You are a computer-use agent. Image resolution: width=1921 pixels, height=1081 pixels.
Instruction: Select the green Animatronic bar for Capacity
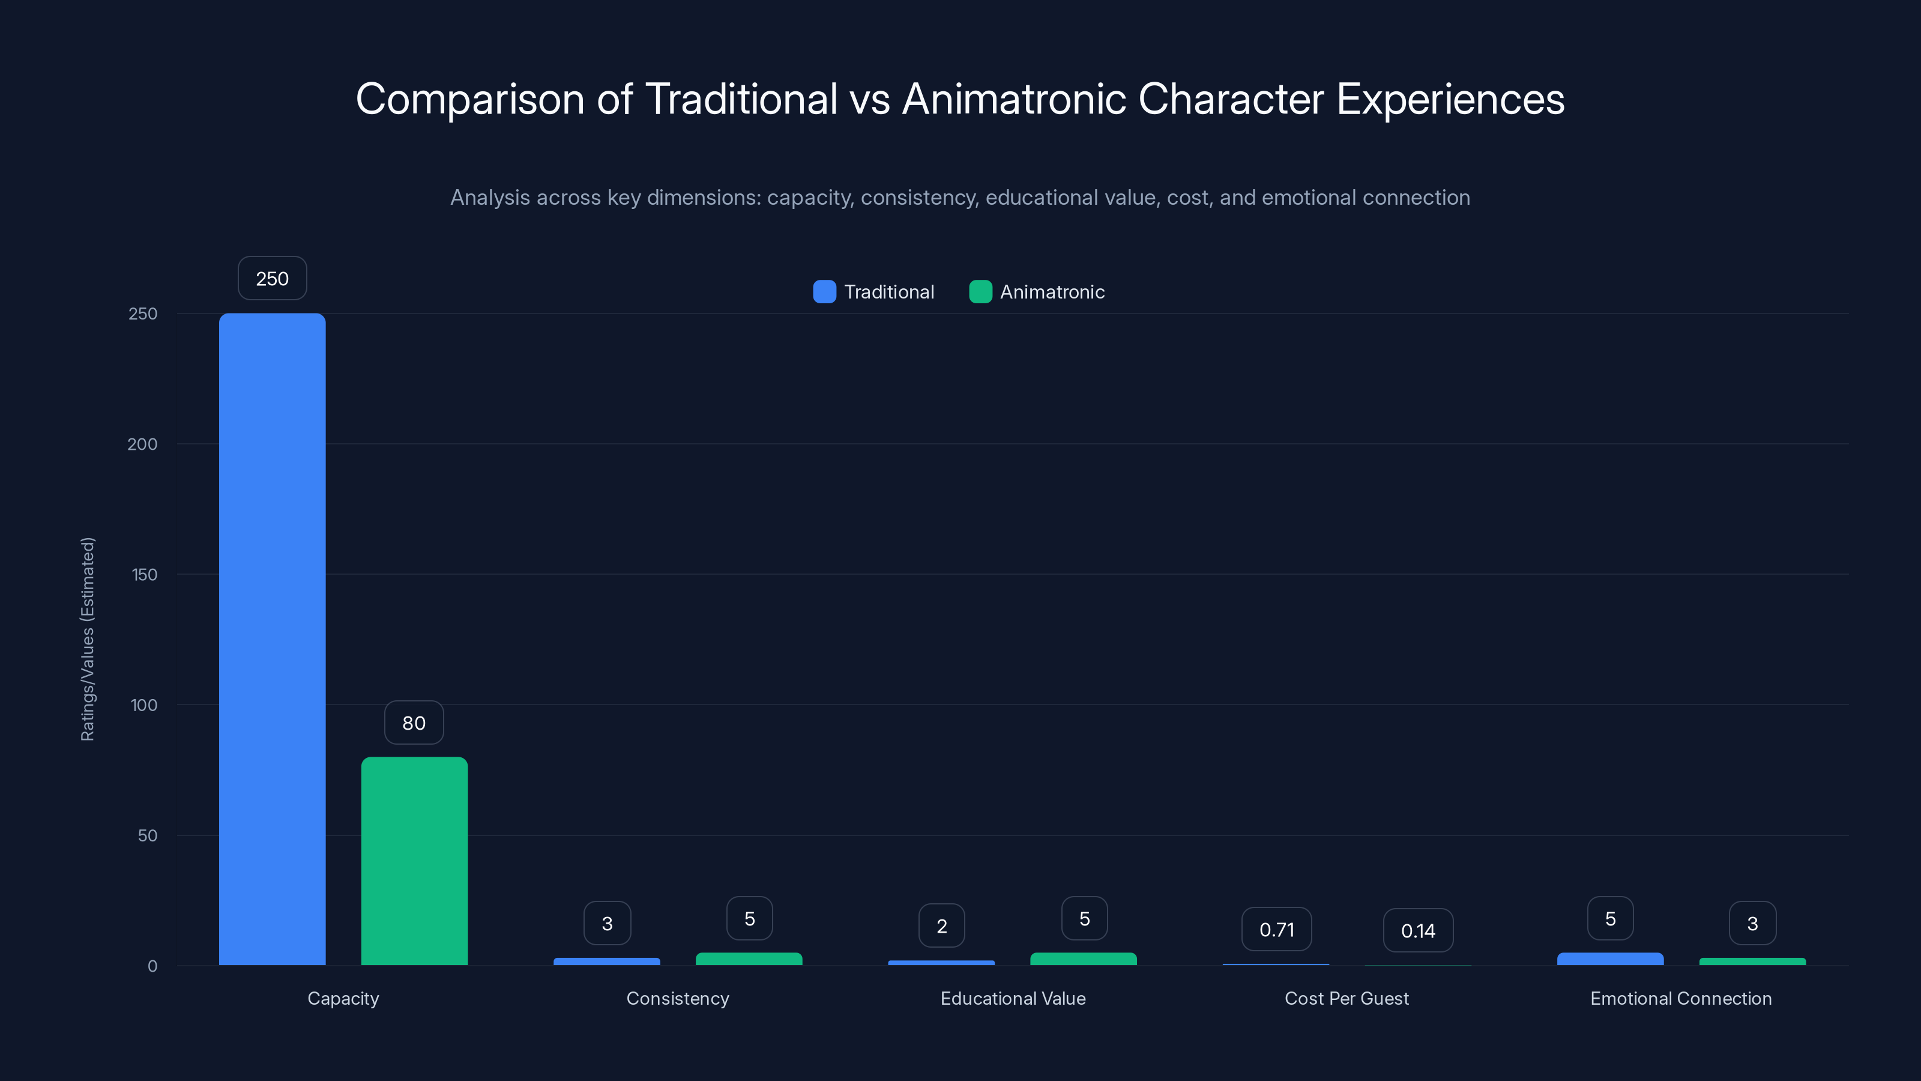[414, 861]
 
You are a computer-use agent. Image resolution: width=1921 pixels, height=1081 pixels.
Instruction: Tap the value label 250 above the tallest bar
[272, 278]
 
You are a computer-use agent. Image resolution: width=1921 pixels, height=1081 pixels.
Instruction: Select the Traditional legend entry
[874, 292]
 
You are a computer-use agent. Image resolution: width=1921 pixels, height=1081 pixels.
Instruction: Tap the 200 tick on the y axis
[142, 444]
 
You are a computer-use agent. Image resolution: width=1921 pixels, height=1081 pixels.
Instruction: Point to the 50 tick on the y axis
[148, 835]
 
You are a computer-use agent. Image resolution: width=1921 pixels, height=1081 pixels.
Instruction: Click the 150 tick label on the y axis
[145, 575]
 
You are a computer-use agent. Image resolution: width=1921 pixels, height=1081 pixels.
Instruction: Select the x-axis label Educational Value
[1013, 998]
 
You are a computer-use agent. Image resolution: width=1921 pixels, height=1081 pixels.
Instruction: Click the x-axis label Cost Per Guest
[1347, 998]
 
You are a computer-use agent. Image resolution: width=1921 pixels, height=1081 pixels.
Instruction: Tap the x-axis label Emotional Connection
[1681, 998]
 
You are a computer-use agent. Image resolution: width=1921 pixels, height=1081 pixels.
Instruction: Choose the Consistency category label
[678, 998]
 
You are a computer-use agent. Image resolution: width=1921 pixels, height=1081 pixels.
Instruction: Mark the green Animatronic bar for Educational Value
[1084, 958]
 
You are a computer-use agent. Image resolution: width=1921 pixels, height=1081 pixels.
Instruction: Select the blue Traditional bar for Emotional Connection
[1610, 958]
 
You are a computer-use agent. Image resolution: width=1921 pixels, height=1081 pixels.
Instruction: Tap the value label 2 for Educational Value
[941, 926]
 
